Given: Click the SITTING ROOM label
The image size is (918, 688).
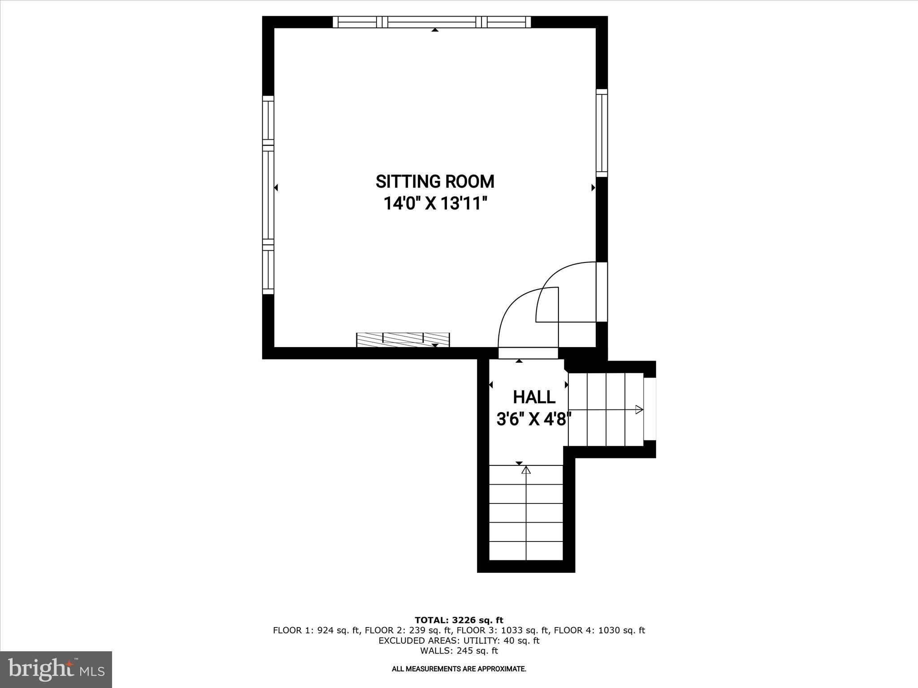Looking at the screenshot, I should (x=435, y=181).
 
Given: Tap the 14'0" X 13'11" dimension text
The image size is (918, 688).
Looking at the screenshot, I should (x=435, y=204).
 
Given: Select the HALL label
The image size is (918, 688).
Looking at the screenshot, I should (x=534, y=397).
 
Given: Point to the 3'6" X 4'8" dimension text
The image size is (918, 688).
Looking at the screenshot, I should (x=534, y=420).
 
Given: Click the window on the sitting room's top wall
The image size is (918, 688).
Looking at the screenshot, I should (x=432, y=22).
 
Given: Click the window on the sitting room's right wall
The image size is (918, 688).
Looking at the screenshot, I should (x=602, y=133).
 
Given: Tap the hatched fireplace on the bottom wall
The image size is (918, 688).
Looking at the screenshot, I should (x=403, y=340).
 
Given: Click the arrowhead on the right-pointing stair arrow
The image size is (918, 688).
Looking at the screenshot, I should (x=639, y=409).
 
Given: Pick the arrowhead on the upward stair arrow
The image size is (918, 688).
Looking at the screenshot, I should (x=526, y=470).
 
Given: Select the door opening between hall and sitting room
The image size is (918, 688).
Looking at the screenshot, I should (x=528, y=353).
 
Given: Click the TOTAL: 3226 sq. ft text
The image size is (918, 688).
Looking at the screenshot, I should (x=459, y=620).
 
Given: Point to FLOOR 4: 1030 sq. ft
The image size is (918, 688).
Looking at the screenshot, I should (x=599, y=630).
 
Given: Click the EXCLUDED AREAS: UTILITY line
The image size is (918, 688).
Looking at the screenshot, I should (x=459, y=641).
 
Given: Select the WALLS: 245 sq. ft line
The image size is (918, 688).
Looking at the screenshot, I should (x=459, y=651).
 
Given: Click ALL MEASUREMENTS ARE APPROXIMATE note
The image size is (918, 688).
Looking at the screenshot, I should (x=459, y=669).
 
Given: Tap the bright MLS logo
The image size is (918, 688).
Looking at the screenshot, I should (x=56, y=670).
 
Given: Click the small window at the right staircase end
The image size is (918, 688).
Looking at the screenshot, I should (x=650, y=409).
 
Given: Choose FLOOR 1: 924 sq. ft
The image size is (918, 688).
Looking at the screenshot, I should (x=316, y=630).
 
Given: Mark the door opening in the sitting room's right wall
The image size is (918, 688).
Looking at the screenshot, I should (x=602, y=292).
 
